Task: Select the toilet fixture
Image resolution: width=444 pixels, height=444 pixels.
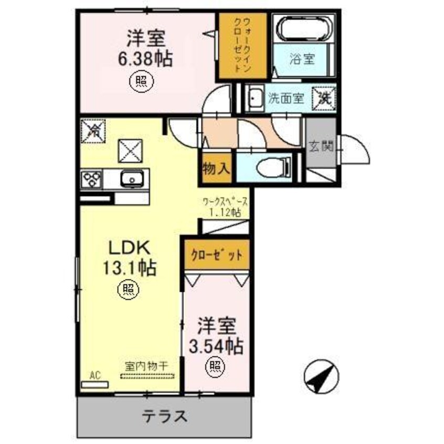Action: point(274,166)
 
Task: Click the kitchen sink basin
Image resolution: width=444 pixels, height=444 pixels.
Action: point(129,179)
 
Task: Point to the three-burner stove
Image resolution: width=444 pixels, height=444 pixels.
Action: point(91,179)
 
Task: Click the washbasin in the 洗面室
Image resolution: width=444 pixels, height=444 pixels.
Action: point(256,98)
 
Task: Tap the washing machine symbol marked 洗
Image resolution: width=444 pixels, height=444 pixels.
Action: point(324,97)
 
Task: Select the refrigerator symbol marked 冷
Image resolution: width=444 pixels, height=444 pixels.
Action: point(93,130)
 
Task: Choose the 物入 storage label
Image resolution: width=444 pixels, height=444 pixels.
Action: point(216,168)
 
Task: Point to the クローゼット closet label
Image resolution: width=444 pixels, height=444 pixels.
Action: point(216,256)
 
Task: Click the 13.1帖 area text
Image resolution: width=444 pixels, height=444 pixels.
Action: point(130,269)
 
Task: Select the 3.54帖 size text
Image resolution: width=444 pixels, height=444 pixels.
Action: point(216,345)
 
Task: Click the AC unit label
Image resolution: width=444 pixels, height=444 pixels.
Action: point(94,375)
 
